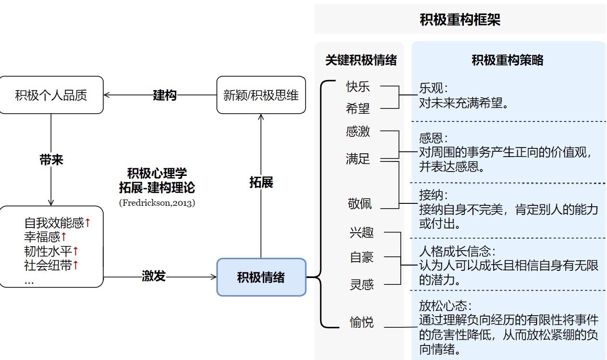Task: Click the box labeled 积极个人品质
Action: (51, 95)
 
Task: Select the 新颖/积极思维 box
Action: (261, 95)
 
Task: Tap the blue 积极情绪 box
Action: (261, 277)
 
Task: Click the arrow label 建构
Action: (165, 95)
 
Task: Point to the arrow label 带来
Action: (51, 160)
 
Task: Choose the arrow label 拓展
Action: (261, 182)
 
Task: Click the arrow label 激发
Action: (154, 276)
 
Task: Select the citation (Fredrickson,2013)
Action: (157, 203)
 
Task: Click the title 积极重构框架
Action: (460, 20)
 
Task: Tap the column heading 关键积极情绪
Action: (361, 60)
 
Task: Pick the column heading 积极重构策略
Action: (507, 60)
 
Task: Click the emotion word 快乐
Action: (358, 87)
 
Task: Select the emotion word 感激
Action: (358, 131)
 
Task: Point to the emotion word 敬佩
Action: (360, 203)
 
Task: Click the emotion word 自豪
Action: (362, 257)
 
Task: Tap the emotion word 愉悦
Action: (362, 322)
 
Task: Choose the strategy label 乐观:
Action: (433, 88)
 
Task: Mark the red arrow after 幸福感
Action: (64, 237)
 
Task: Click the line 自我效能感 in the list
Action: (54, 223)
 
